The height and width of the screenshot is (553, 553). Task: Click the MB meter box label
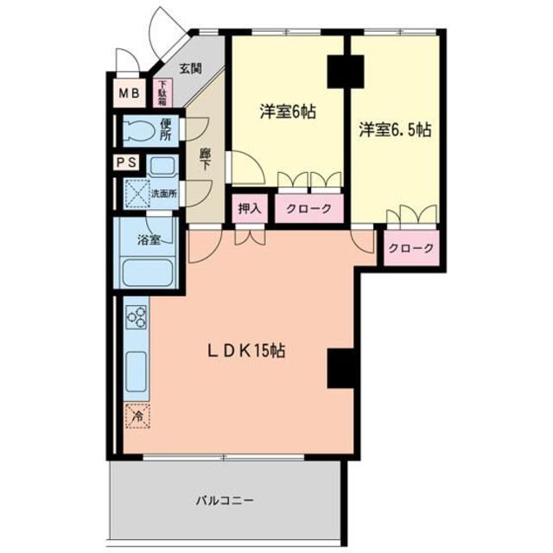tap(130, 93)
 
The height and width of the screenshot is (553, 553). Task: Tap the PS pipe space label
tap(127, 162)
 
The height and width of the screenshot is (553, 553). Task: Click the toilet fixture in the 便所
tap(138, 131)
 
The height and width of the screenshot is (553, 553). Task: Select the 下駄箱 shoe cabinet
tap(162, 92)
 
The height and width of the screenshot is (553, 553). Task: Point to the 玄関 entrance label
tap(191, 68)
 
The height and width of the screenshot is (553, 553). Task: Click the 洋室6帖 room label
tap(288, 111)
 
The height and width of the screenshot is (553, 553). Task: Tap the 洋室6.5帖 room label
tap(395, 130)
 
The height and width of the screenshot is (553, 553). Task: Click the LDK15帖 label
tap(245, 351)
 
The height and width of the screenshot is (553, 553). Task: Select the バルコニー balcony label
tap(225, 500)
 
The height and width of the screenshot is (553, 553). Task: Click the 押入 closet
tap(250, 209)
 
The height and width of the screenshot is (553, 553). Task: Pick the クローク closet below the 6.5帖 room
tap(411, 248)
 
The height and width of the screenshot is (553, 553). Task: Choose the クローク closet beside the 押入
tap(309, 209)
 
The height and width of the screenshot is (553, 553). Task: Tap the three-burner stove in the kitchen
tap(137, 317)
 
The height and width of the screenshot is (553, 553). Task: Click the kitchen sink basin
tap(137, 371)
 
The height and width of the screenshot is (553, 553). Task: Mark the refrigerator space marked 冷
tap(137, 416)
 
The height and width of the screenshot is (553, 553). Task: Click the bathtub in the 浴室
tap(148, 274)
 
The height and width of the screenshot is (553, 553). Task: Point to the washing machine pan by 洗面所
tap(137, 193)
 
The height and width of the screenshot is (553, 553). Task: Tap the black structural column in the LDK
tap(340, 368)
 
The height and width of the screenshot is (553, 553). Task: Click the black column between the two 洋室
tap(346, 71)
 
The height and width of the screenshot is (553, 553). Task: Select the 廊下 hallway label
tap(204, 159)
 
